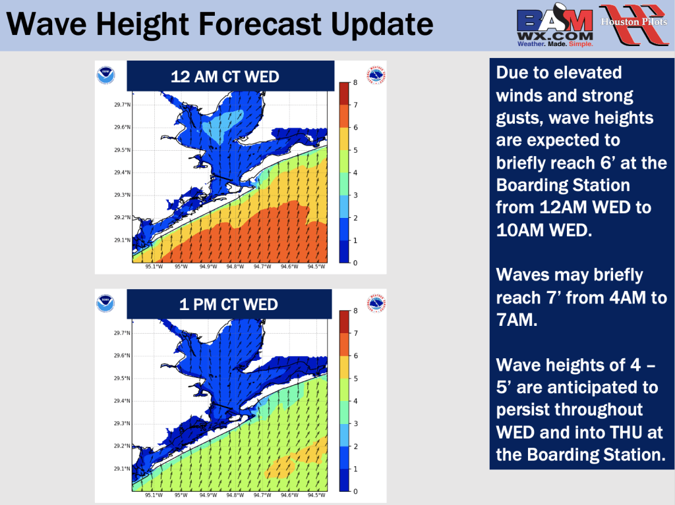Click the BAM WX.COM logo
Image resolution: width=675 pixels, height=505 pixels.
coord(555,26)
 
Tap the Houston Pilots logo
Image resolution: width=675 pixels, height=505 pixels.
coord(633,24)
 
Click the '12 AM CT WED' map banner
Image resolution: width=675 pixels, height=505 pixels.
coord(230,76)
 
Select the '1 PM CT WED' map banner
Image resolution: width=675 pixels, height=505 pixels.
coord(229,304)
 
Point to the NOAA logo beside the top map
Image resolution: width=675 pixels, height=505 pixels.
coord(106,75)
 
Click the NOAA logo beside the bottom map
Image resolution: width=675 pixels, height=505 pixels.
coord(106,304)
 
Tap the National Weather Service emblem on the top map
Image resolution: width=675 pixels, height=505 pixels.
coord(376,75)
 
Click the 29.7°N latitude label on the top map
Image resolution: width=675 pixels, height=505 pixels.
coord(122,105)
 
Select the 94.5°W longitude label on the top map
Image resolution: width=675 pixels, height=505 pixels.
coord(316,267)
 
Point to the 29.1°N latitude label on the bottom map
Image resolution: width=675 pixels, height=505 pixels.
coord(122,468)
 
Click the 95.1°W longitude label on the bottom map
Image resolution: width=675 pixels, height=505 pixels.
coord(154,495)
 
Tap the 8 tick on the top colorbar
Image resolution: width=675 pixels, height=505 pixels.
coord(355,82)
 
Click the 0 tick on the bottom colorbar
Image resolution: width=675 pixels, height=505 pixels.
coord(355,491)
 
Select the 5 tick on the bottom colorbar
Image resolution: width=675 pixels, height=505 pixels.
coord(355,379)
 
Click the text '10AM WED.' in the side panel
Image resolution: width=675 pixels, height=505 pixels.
coord(544,230)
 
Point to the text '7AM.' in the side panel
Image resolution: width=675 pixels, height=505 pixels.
coord(517,320)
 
